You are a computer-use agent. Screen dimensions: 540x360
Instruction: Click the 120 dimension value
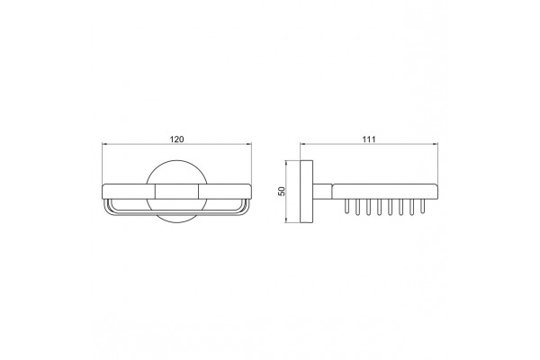click(x=177, y=139)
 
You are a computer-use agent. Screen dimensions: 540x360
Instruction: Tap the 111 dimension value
click(x=368, y=139)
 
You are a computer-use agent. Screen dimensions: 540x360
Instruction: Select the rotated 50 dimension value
click(x=282, y=191)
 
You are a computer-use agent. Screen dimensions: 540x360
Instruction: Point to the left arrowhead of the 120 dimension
click(x=104, y=144)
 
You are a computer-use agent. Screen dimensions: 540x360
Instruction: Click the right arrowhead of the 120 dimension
click(x=249, y=144)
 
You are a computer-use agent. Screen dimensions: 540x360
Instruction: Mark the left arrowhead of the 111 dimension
click(x=302, y=144)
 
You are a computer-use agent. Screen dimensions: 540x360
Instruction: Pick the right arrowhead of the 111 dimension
click(x=436, y=144)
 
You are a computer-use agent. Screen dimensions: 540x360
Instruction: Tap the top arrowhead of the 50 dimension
click(x=286, y=163)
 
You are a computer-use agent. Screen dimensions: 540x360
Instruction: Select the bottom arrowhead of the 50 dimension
click(x=286, y=220)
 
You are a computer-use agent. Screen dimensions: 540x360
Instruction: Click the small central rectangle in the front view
click(x=177, y=192)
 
